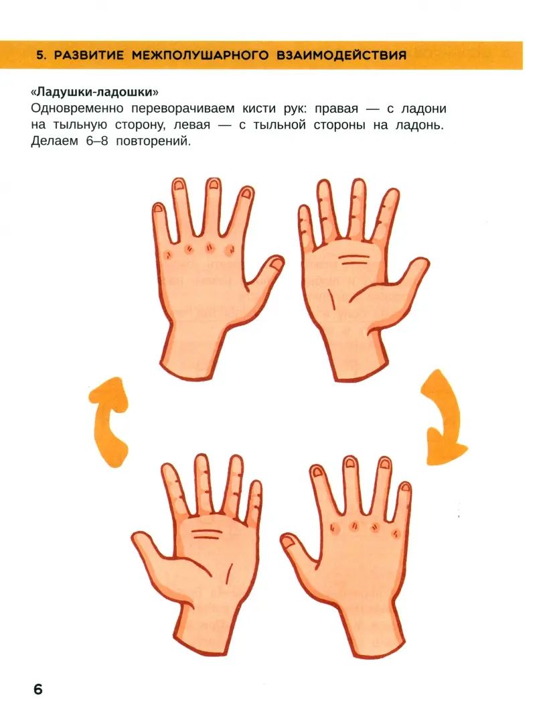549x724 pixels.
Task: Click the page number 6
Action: click(x=36, y=690)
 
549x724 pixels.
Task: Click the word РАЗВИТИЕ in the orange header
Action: click(x=88, y=55)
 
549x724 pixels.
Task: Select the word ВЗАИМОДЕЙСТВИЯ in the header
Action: click(x=341, y=55)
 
